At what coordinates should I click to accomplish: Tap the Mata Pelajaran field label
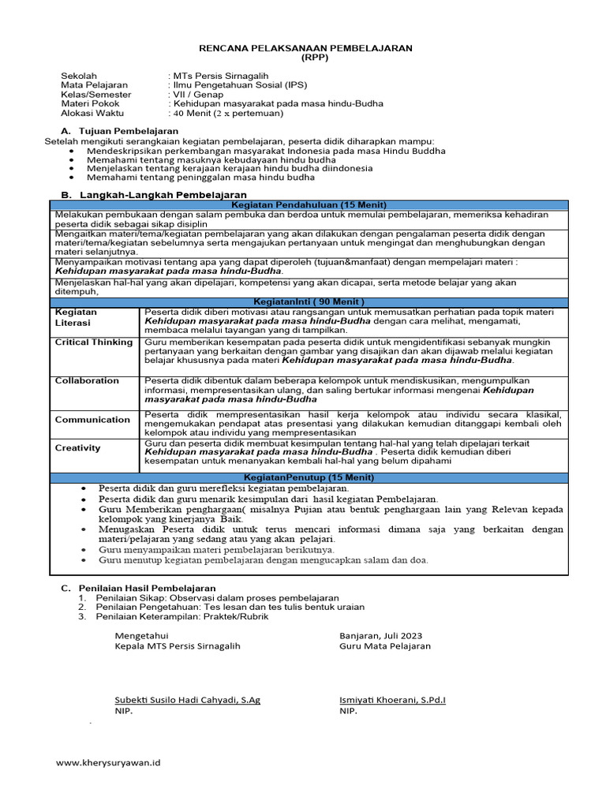tap(94, 84)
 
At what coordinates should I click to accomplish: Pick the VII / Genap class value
tap(197, 94)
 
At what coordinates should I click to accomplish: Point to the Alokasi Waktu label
tap(91, 113)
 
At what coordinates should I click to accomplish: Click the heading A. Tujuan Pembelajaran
tap(120, 130)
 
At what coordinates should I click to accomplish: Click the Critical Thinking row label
tap(94, 342)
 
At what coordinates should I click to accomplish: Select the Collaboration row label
tap(87, 381)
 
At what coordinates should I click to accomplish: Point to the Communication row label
tap(92, 420)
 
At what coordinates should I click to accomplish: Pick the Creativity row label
tap(78, 448)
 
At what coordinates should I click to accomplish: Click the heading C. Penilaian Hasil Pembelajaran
tap(127, 588)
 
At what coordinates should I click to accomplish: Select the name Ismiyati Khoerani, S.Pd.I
tap(392, 700)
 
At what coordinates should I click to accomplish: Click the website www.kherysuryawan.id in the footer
tap(108, 763)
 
